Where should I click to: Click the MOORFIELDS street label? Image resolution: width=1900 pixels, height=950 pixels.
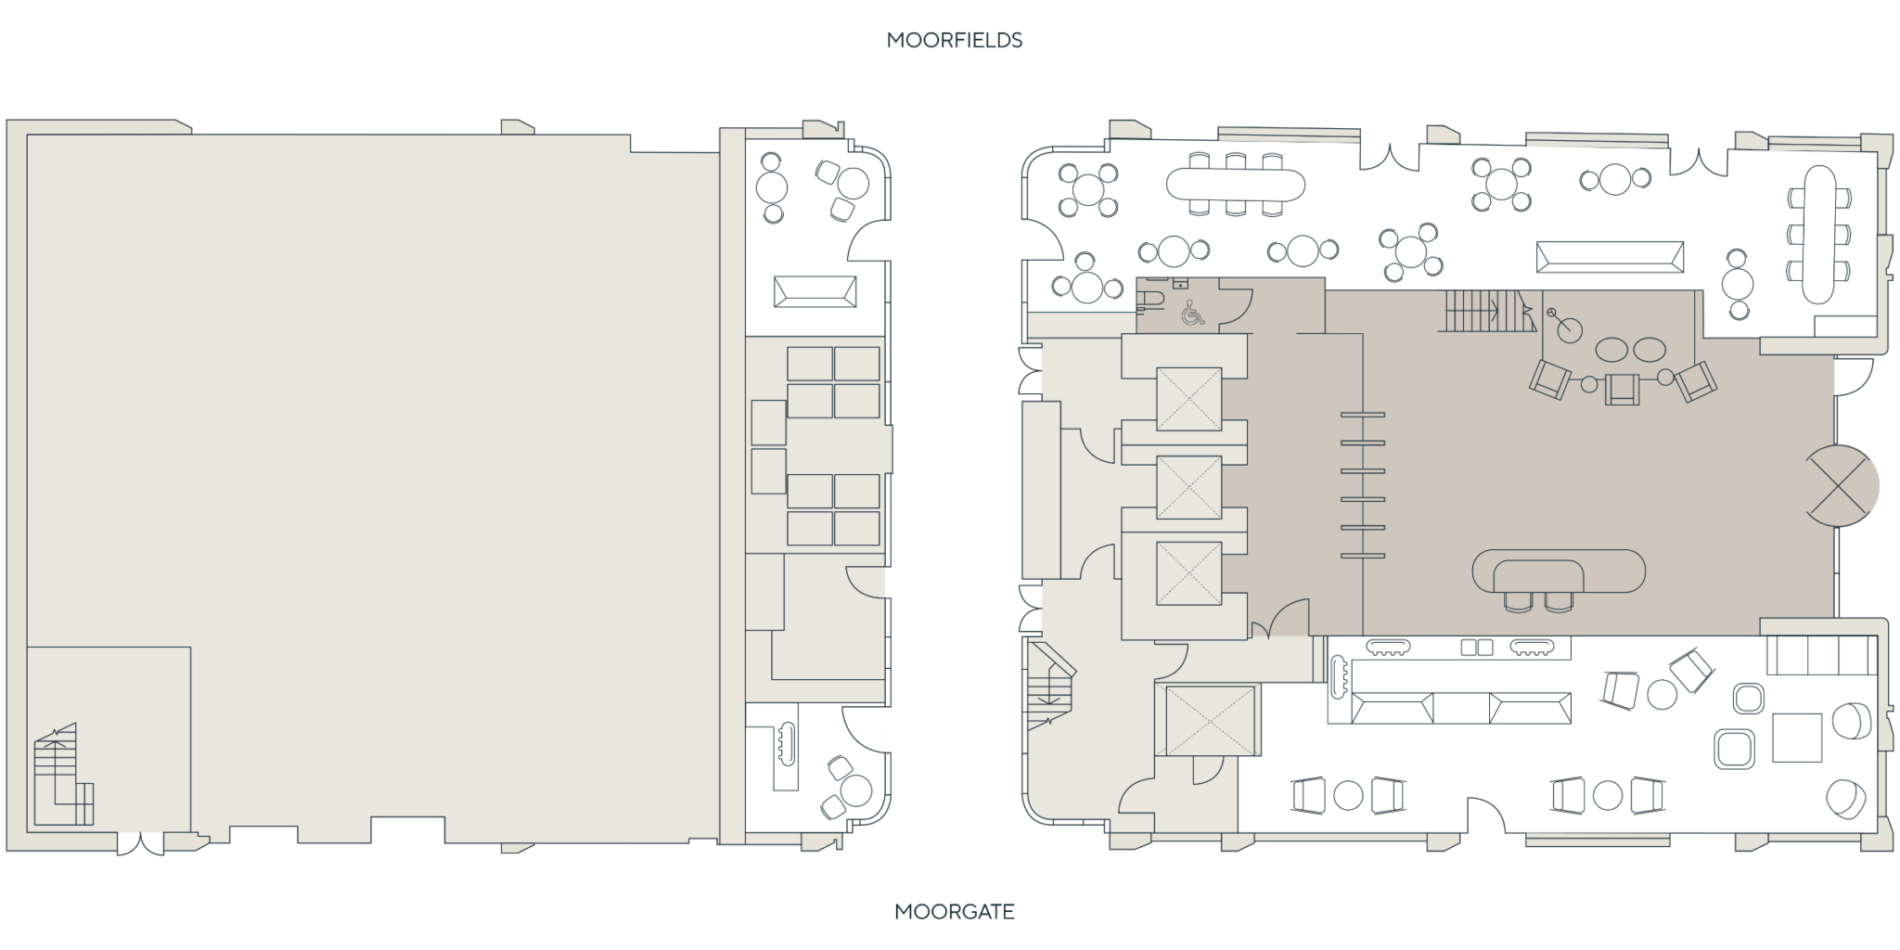[x=954, y=41]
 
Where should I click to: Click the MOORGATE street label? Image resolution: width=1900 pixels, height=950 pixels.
[x=955, y=911]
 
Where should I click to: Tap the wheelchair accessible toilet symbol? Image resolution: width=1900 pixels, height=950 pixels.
[x=1192, y=315]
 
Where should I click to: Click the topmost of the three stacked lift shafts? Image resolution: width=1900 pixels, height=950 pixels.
[x=1188, y=399]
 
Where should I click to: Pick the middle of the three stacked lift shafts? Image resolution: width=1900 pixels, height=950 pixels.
[x=1188, y=487]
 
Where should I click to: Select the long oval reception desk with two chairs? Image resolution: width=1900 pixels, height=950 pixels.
[x=1559, y=571]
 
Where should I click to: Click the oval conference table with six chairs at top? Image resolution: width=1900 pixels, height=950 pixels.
[x=1236, y=184]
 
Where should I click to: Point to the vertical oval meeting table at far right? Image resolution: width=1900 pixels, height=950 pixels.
[x=1817, y=233]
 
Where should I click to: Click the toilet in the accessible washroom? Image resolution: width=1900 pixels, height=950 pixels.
[x=1151, y=297]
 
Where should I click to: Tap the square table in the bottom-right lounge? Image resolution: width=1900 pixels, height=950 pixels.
[x=1797, y=737]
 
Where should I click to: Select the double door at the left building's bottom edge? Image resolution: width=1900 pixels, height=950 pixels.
[x=140, y=844]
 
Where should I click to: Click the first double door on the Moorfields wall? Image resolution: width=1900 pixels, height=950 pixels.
[x=1389, y=159]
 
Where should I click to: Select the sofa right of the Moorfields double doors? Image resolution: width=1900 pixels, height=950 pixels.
[x=1609, y=257]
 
